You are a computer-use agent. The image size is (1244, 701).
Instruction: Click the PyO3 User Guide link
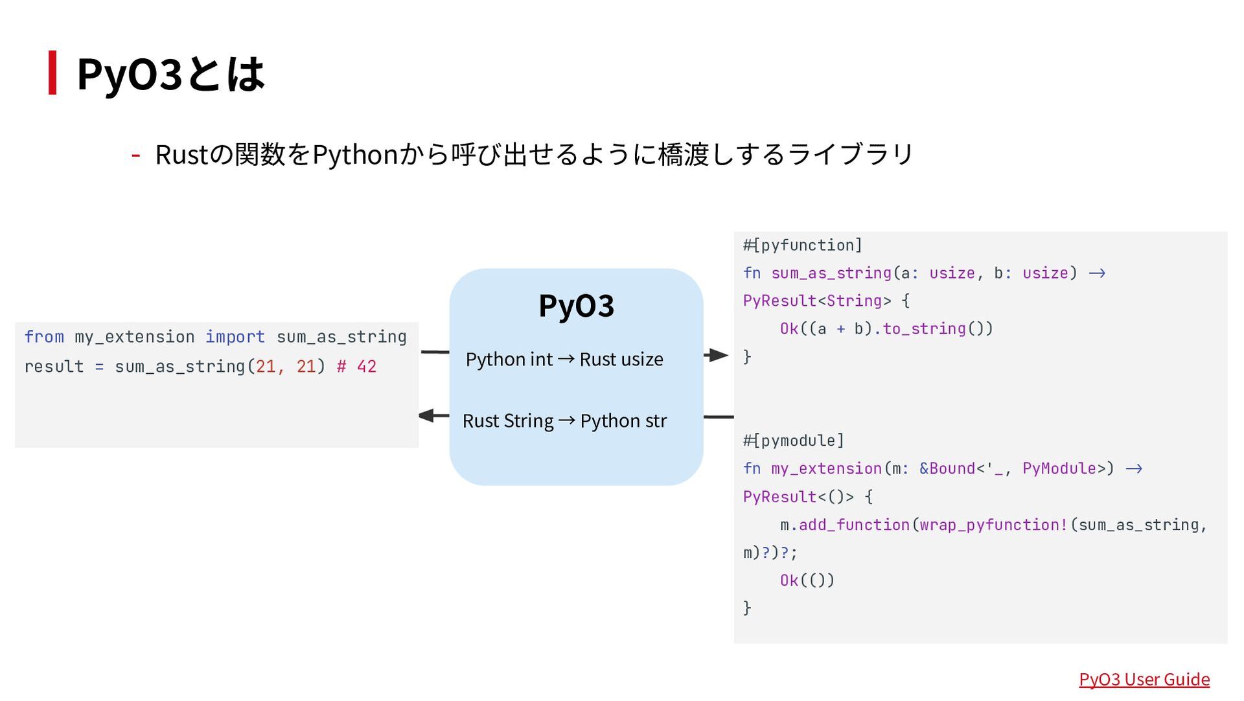(x=1144, y=679)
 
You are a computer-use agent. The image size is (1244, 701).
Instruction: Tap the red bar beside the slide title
(x=52, y=73)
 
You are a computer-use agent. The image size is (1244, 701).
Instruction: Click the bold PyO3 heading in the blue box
(x=576, y=306)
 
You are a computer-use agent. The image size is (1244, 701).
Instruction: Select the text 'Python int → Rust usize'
(x=564, y=359)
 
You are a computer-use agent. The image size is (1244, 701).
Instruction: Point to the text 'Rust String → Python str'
(x=564, y=420)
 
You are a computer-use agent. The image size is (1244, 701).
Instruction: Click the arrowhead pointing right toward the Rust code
(x=718, y=355)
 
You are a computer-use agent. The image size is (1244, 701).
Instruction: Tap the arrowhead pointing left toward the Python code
(x=427, y=415)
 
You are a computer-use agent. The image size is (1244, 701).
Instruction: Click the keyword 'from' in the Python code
(x=44, y=337)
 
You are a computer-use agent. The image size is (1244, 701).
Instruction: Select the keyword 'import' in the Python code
(x=235, y=337)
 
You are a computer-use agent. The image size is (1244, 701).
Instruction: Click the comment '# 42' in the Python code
(x=356, y=367)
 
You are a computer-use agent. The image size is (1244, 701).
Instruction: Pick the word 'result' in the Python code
(x=54, y=367)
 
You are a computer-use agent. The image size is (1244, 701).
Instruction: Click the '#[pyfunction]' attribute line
(x=802, y=246)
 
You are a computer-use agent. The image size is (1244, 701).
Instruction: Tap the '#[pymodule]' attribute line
(x=793, y=441)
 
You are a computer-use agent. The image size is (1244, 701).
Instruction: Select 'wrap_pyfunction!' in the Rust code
(x=994, y=525)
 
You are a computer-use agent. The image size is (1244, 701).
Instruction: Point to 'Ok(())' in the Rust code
(x=807, y=580)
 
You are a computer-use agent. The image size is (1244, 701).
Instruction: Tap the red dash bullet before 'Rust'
(x=136, y=155)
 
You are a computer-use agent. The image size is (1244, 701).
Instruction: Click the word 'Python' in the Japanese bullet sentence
(x=355, y=155)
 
